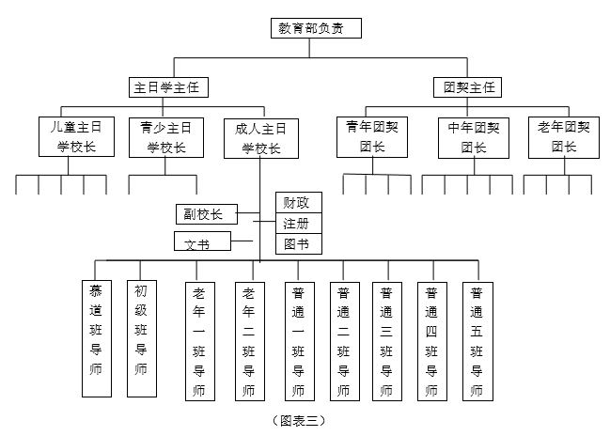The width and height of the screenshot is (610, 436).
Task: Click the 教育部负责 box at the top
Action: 314,28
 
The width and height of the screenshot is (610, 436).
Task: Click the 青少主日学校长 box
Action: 166,136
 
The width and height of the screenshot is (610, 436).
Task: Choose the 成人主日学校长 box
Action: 260,137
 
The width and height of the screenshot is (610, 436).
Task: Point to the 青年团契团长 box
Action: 373,136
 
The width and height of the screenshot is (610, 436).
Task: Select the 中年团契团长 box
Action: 473,136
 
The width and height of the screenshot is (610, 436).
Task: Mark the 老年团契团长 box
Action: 564,136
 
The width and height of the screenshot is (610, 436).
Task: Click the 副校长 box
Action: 205,214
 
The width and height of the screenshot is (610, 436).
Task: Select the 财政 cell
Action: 298,202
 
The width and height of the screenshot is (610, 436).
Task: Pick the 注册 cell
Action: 298,223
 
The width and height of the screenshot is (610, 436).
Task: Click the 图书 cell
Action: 298,243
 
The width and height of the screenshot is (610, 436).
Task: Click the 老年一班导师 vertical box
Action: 199,339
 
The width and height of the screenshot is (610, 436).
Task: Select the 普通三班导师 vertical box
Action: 386,339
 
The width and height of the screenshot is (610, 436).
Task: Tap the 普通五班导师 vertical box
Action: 477,339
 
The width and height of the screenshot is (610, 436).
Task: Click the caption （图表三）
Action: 298,420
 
